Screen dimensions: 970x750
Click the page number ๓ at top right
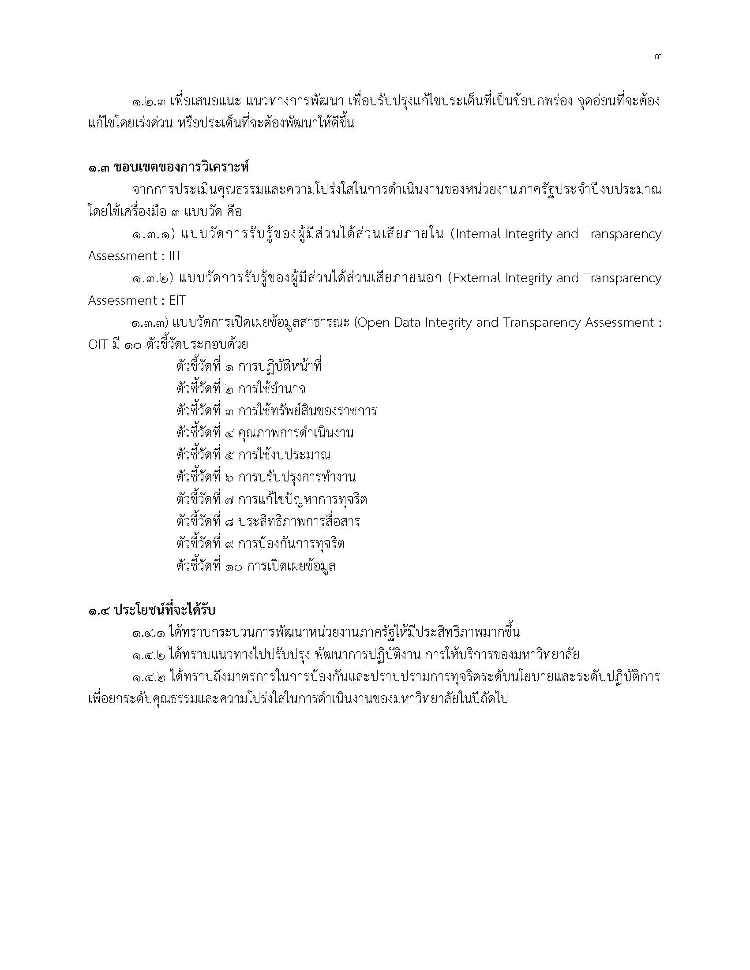(x=658, y=57)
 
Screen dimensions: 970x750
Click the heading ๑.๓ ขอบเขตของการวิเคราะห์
(x=169, y=168)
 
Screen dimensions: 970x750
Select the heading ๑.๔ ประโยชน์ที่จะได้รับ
(x=151, y=610)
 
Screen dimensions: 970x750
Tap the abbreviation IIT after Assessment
(x=173, y=256)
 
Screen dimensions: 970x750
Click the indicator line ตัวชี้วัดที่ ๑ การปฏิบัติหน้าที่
(x=249, y=367)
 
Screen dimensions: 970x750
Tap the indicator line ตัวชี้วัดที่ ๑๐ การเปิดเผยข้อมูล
(x=256, y=566)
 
